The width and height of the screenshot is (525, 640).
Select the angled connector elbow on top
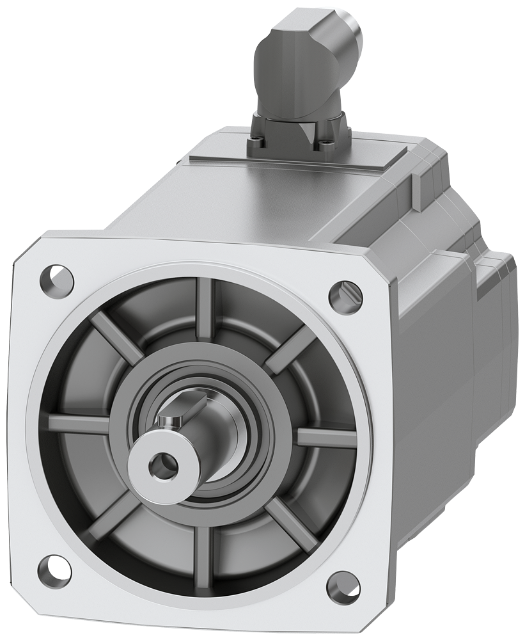pos(294,77)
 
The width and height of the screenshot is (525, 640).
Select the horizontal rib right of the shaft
pos(326,437)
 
